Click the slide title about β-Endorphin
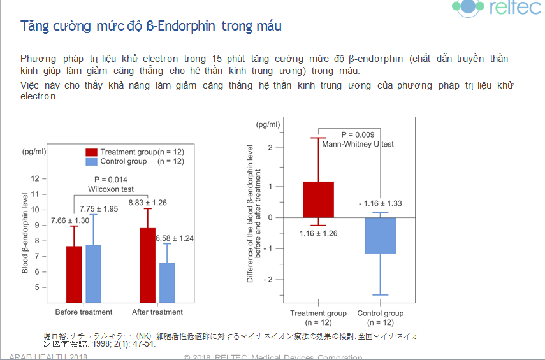tap(151, 26)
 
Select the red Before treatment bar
tap(74, 274)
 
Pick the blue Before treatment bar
tap(94, 273)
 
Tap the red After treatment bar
tap(147, 264)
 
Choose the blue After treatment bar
tap(167, 282)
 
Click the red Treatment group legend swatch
tap(92, 152)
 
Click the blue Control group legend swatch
tap(92, 162)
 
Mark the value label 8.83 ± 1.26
tap(148, 203)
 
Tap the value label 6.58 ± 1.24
tap(175, 238)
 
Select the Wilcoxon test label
tap(111, 189)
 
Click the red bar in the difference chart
tap(318, 199)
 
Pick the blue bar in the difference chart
tap(380, 235)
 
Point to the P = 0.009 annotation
tap(358, 135)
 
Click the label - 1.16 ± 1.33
tap(380, 203)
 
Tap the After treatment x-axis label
tap(157, 312)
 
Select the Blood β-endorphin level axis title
tap(25, 233)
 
